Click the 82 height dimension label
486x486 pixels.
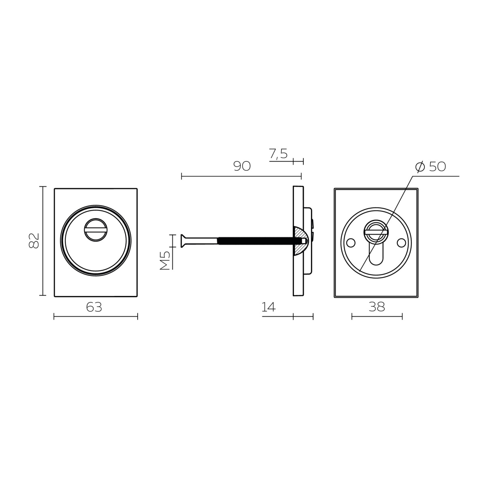(x=34, y=241)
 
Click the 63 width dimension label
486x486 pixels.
(x=94, y=307)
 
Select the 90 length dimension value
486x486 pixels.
(x=242, y=166)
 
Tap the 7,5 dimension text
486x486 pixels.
(x=278, y=153)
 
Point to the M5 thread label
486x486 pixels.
(x=165, y=260)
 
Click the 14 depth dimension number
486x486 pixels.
(x=269, y=307)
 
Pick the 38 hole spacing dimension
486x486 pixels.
(x=377, y=307)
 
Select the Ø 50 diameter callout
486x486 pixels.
(x=431, y=166)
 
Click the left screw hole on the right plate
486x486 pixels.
(x=351, y=243)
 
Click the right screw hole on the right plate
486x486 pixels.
(x=401, y=243)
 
